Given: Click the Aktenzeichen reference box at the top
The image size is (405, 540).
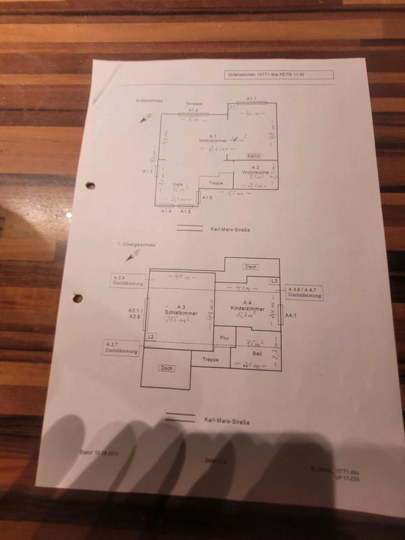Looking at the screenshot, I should (x=278, y=75).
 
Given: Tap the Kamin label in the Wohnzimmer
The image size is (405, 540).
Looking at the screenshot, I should (x=253, y=155).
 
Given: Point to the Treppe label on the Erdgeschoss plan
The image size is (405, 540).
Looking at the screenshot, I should (x=215, y=183).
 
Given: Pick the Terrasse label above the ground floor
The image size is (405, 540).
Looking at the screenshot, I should (x=194, y=105).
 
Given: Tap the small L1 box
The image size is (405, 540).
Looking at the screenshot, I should (x=232, y=106).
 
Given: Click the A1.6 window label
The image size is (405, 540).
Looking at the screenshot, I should (x=207, y=197).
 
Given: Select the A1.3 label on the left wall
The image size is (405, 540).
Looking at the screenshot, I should (x=148, y=170).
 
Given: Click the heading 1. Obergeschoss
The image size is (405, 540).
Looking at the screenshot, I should (x=136, y=245).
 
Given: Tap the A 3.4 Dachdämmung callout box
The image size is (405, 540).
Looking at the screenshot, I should (x=128, y=281).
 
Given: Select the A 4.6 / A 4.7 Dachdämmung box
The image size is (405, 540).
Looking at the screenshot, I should (x=305, y=291).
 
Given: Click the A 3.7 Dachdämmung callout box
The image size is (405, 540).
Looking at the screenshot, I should (x=121, y=347).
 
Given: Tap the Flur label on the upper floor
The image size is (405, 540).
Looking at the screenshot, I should (x=224, y=338).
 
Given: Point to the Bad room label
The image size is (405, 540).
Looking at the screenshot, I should (x=258, y=353).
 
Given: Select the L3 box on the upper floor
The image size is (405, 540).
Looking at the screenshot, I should (x=274, y=281).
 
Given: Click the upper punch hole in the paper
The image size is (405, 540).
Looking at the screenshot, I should (x=90, y=185).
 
